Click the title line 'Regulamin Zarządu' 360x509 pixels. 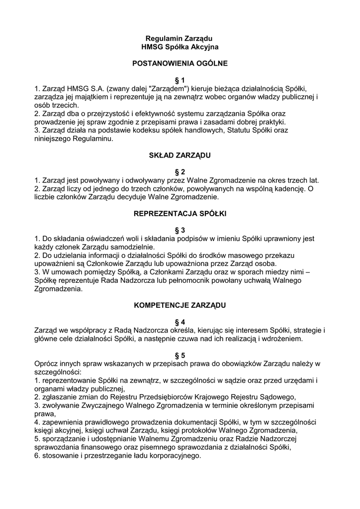click(x=180, y=38)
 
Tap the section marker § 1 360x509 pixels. click(x=180, y=80)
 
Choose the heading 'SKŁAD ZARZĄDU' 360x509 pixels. click(x=180, y=155)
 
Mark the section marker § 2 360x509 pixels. click(x=180, y=171)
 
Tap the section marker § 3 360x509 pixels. click(x=180, y=230)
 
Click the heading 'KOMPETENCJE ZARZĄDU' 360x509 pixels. click(x=180, y=305)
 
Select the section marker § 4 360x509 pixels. click(x=180, y=322)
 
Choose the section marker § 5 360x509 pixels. click(x=180, y=355)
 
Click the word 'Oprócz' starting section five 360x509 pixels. click(x=47, y=364)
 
